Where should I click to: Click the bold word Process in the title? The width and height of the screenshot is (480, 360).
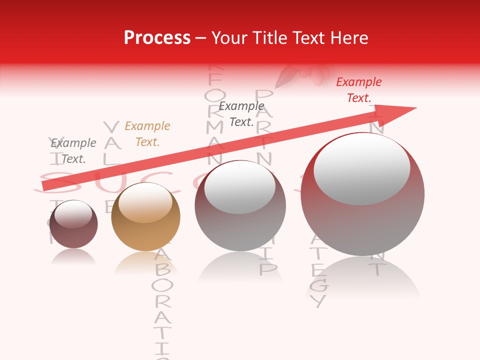pos(157,38)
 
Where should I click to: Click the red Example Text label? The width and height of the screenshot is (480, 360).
pos(358,90)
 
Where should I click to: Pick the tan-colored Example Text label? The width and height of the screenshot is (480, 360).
pos(147,134)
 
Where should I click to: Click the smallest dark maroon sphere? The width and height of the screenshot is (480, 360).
pos(73,225)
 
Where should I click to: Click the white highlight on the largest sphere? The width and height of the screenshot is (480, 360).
pos(361,169)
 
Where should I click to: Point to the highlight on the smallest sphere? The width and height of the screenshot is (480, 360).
pos(73,214)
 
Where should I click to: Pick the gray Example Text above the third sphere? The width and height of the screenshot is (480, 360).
pos(241,114)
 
